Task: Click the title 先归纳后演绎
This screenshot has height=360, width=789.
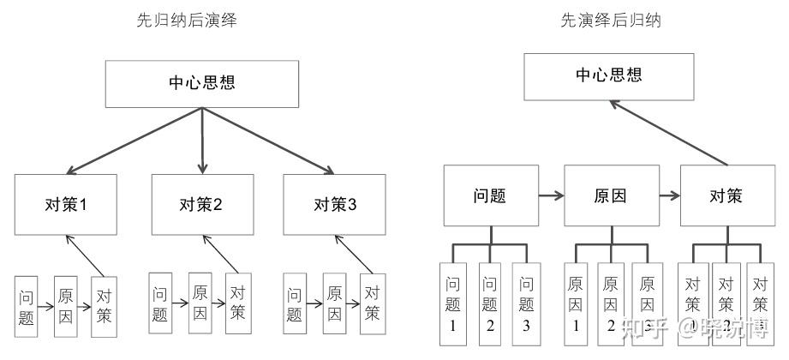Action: point(187,21)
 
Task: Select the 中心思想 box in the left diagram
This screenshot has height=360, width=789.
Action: point(202,84)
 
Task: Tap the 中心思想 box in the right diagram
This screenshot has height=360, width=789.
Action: point(608,75)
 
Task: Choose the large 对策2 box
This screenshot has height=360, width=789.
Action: point(202,205)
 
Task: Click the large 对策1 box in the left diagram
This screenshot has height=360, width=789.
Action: point(66,205)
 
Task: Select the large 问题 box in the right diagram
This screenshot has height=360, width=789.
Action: point(490,195)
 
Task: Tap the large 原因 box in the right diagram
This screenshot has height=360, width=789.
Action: point(610,195)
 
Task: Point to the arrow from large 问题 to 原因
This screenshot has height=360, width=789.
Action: point(550,195)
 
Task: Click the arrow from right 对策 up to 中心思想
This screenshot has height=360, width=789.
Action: point(668,133)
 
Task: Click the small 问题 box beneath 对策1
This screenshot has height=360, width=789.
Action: point(26,305)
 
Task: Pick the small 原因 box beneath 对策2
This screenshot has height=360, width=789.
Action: point(200,300)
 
